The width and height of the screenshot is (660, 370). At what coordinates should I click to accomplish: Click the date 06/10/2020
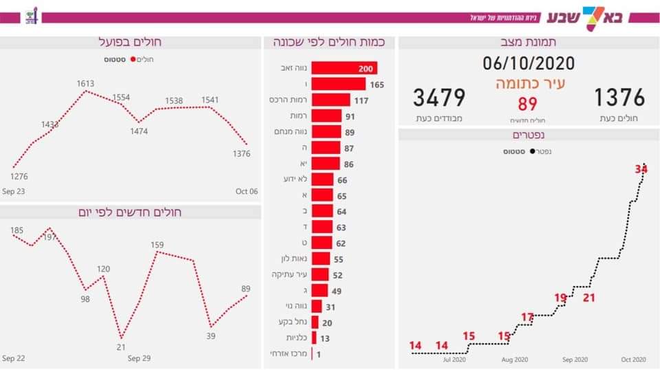click(528, 65)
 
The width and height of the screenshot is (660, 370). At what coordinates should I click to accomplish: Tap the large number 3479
click(439, 98)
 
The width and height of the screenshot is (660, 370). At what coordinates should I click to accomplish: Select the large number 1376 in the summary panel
click(619, 98)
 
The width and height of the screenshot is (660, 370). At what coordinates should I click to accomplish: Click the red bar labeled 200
click(344, 68)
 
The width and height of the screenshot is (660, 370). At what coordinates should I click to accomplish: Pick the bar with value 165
click(338, 84)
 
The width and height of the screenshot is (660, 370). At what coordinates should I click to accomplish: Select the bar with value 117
click(331, 100)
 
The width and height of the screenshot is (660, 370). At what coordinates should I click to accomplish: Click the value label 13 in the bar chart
click(325, 338)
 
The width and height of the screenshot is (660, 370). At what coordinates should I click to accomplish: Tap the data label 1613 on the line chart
click(85, 83)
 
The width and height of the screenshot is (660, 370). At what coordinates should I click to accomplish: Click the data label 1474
click(139, 131)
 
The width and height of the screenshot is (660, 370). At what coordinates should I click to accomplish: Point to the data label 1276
click(19, 177)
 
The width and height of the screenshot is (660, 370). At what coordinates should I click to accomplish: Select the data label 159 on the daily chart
click(157, 244)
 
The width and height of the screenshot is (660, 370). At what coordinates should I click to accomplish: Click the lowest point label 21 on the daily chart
click(121, 347)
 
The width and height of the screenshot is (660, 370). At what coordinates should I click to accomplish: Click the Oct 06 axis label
click(246, 191)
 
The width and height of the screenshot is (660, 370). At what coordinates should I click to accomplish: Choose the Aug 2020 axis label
click(515, 359)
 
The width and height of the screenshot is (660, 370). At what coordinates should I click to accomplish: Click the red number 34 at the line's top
click(641, 168)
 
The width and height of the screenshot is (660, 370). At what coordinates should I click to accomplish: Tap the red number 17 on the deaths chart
click(527, 317)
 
